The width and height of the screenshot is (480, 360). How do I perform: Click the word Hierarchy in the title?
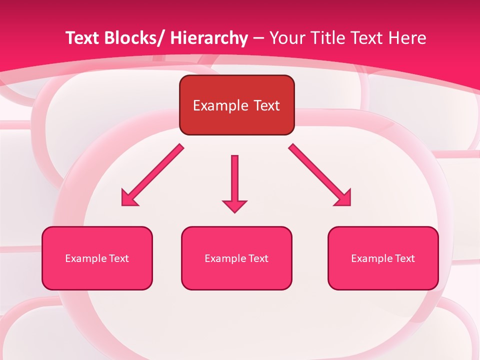click(209, 38)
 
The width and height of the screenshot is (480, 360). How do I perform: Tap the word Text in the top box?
click(266, 106)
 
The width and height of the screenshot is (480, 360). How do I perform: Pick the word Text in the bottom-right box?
click(405, 258)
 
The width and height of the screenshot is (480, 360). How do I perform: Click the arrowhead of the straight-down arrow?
click(234, 206)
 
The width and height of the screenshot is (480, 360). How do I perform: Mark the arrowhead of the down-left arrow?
click(128, 199)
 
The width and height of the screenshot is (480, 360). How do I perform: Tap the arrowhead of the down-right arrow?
click(344, 199)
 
